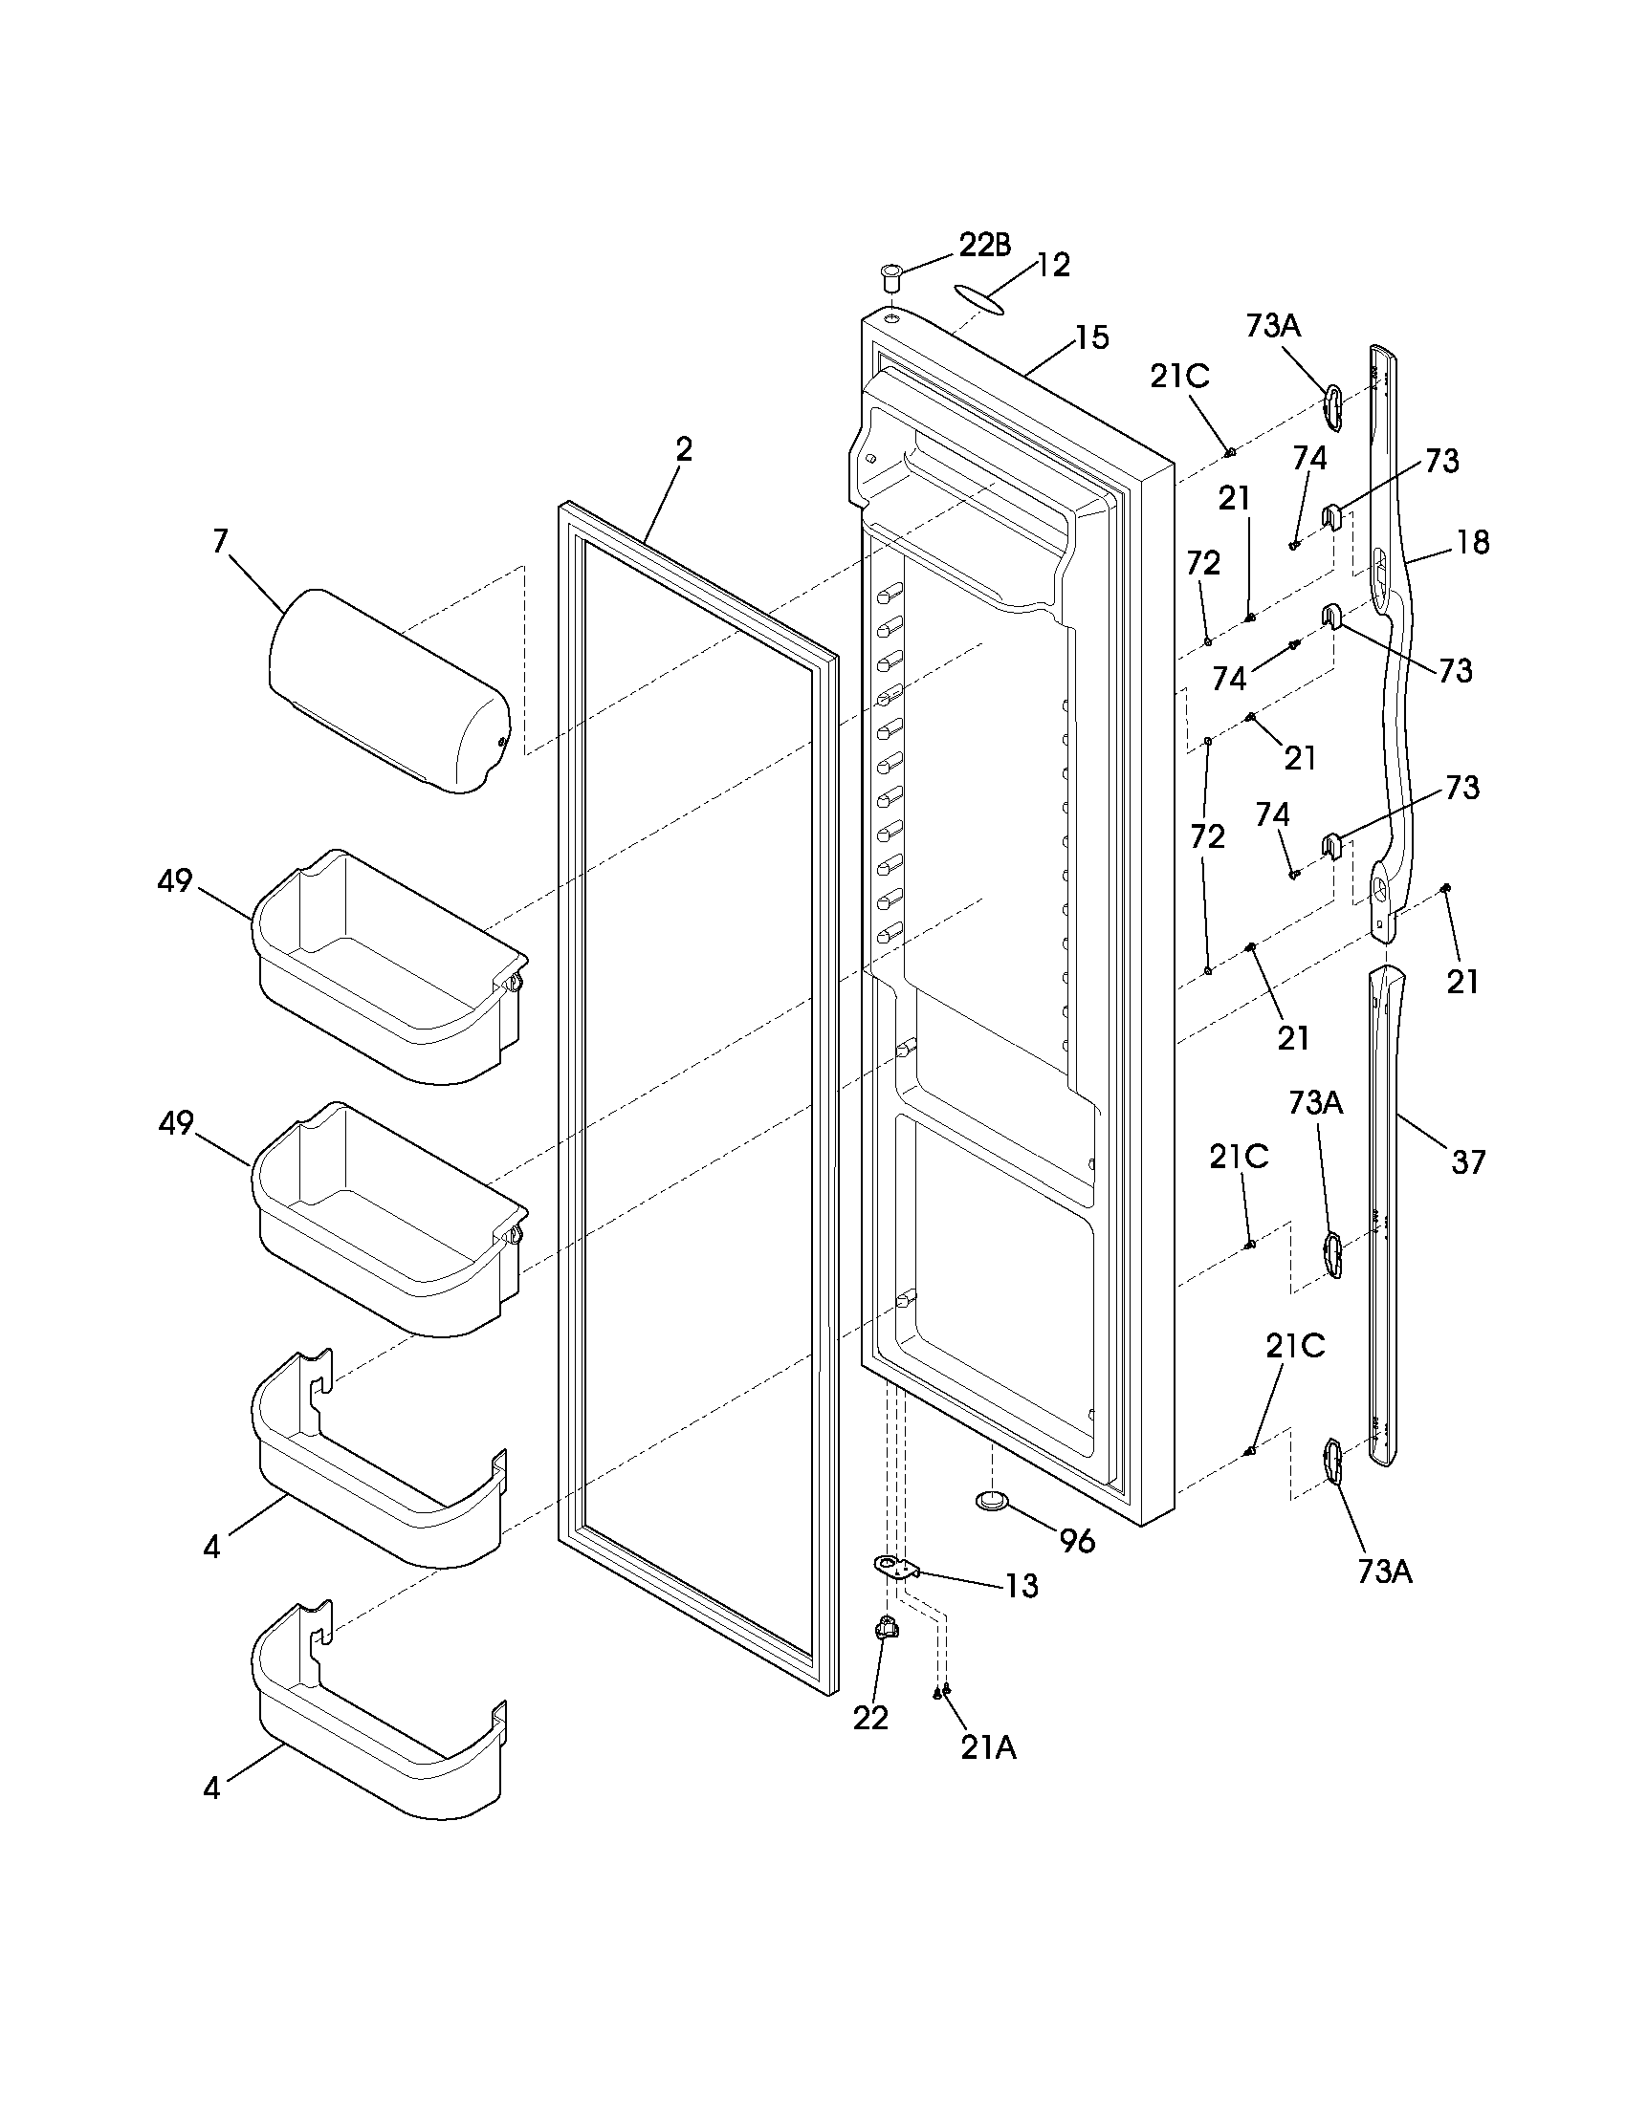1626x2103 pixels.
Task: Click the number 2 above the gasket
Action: click(x=683, y=449)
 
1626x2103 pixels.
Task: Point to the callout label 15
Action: click(x=1091, y=338)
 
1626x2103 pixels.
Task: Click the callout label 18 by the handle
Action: click(x=1473, y=542)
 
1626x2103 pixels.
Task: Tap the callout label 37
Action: click(x=1468, y=1162)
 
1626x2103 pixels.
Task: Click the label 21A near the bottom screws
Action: click(x=988, y=1747)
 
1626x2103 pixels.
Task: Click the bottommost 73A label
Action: click(x=1384, y=1572)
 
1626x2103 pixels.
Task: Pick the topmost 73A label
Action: click(x=1272, y=326)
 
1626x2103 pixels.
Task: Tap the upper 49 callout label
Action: click(x=175, y=880)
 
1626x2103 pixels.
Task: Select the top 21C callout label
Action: click(x=1179, y=377)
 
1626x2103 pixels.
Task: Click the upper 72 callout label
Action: click(x=1204, y=562)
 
